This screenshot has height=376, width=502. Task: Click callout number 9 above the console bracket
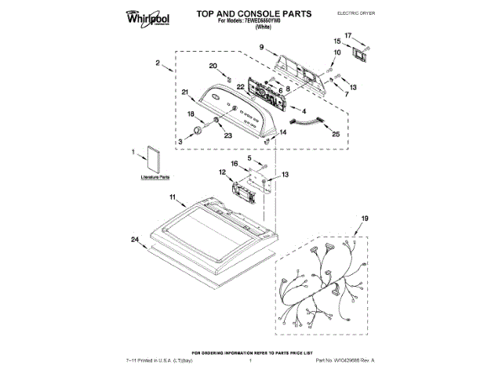pos(261,48)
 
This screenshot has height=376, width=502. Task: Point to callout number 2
pos(158,63)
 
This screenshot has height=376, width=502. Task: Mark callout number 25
pos(336,134)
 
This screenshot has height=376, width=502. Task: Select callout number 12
pos(222,172)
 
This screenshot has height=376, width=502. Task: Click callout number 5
pos(251,158)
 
